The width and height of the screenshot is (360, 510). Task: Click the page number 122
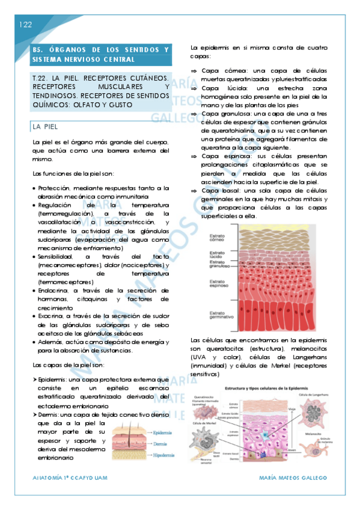click(25, 25)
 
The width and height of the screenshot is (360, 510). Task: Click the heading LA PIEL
click(46, 126)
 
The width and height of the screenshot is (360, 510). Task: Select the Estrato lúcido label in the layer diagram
click(216, 254)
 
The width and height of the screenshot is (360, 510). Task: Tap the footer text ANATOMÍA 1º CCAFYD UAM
click(67, 478)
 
